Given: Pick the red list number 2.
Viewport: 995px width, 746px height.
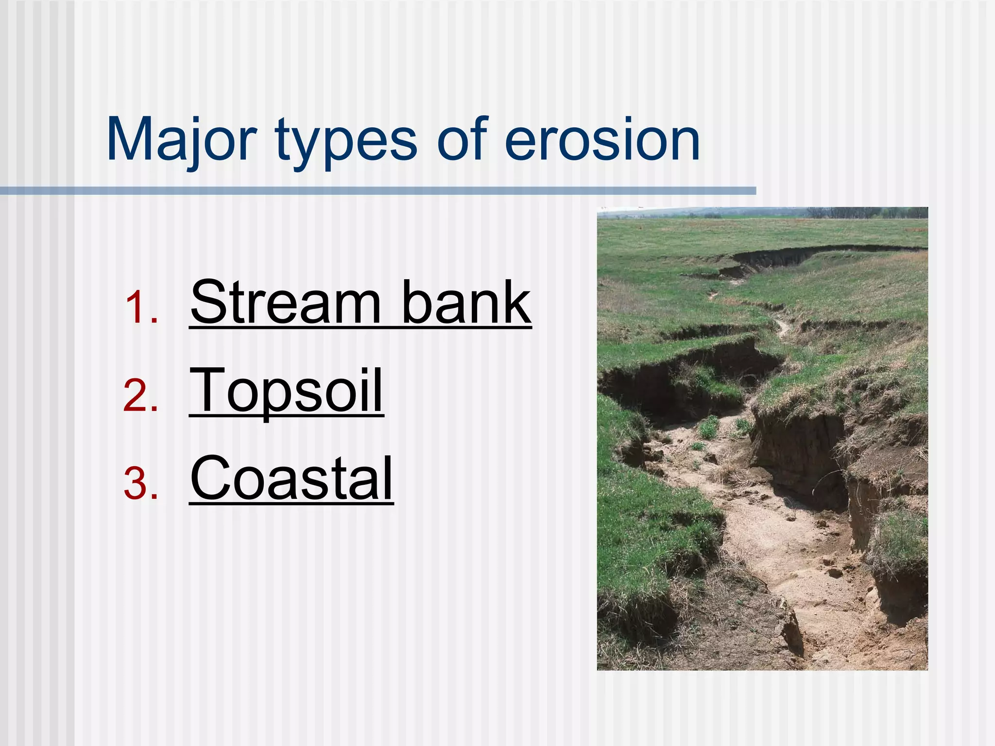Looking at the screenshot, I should (140, 395).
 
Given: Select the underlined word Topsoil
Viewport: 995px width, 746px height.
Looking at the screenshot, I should (287, 391).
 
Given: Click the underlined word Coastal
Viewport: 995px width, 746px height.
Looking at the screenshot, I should (292, 478).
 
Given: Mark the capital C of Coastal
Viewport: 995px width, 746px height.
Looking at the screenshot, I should (209, 478).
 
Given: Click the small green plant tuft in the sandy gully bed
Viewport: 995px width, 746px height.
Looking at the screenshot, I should (709, 427).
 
